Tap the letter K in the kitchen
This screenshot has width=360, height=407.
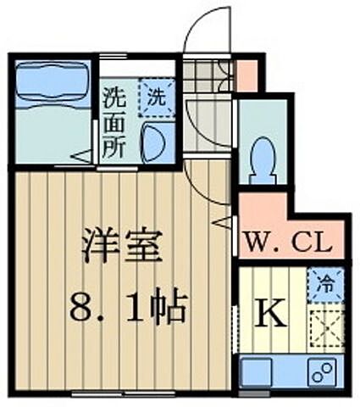pos(271,315)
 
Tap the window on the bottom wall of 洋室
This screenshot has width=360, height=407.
pos(124,393)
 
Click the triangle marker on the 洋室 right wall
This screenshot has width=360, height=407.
pos(222,223)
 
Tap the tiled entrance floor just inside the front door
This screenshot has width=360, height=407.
pos(207,76)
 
